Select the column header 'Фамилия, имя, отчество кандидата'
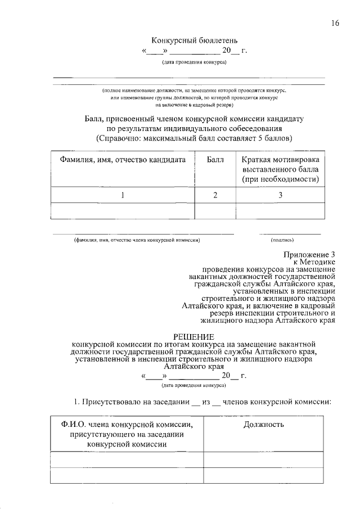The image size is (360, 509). point(123,160)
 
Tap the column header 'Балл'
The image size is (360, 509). point(215,160)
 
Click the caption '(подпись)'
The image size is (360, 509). point(289,240)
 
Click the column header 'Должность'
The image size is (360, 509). point(263,425)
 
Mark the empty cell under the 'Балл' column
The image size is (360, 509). point(215,211)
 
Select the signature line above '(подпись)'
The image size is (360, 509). point(289,233)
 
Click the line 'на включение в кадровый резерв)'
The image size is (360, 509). point(191,105)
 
